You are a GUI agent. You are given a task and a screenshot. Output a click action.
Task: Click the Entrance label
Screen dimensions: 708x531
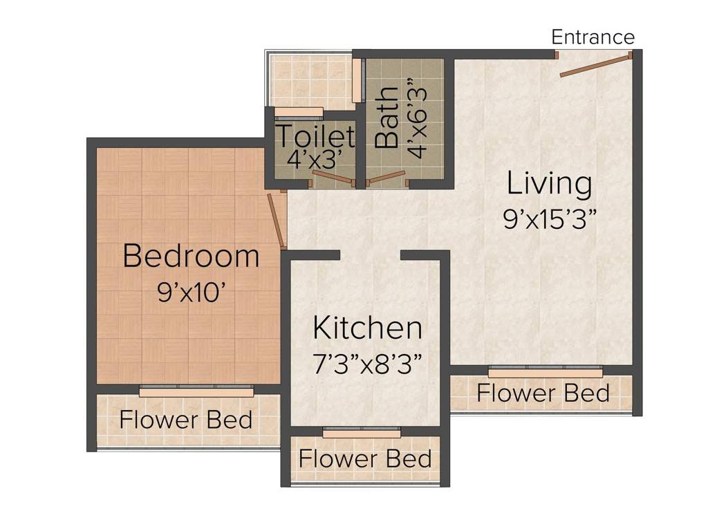(x=593, y=37)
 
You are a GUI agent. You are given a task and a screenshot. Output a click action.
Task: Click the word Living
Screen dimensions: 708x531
(x=549, y=183)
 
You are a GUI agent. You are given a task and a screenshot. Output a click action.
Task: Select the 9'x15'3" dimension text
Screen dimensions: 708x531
(x=550, y=221)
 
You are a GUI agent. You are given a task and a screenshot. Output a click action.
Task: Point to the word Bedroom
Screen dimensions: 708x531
(x=191, y=256)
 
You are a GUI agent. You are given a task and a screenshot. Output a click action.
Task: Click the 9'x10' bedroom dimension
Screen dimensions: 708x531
(x=192, y=292)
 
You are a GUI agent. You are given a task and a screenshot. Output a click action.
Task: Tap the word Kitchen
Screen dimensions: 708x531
(x=368, y=328)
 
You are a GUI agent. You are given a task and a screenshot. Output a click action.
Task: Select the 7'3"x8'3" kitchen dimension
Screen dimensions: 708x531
(x=368, y=364)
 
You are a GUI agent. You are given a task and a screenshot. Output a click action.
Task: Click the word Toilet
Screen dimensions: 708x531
(x=315, y=136)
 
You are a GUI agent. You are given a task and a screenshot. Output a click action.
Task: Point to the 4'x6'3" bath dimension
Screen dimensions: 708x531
(x=416, y=118)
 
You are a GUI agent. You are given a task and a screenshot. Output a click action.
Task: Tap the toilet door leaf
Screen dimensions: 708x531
(x=333, y=178)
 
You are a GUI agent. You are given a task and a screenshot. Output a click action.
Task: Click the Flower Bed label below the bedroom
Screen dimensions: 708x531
(x=185, y=420)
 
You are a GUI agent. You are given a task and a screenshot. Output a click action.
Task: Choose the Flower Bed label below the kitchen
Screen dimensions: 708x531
(x=365, y=459)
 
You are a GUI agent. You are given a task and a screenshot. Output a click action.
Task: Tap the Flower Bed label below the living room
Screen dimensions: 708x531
(x=543, y=393)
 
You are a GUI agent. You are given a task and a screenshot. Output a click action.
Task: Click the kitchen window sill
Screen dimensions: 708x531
(x=362, y=434)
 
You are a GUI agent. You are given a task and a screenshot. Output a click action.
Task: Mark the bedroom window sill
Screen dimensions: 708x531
(x=196, y=393)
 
